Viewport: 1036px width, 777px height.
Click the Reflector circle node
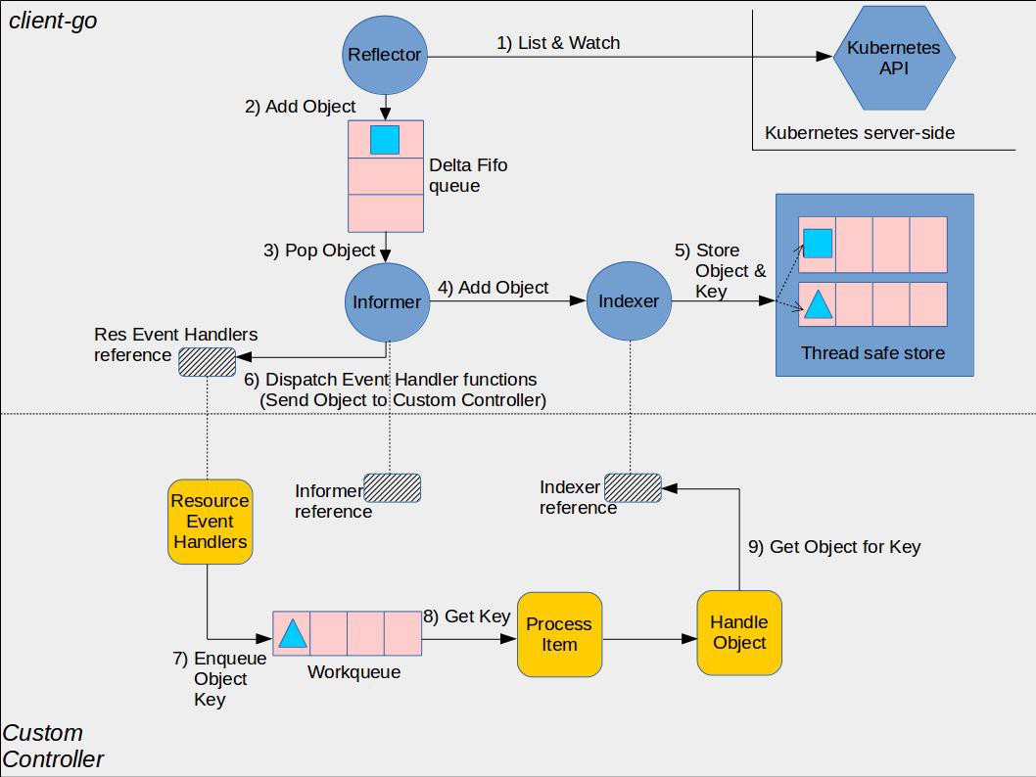coord(385,55)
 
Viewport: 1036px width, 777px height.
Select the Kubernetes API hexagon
coord(893,58)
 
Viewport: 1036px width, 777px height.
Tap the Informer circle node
coord(387,302)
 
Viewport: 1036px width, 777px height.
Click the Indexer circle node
coord(629,302)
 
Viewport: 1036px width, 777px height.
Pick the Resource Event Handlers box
coord(210,522)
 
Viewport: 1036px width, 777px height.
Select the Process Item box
coord(559,634)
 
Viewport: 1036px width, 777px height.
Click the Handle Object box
coord(739,633)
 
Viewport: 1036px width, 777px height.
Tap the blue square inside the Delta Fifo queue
coord(385,140)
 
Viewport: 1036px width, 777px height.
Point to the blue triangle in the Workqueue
coord(293,634)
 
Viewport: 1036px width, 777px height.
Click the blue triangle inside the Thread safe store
coord(818,305)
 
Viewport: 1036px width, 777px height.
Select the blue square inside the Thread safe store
coord(818,243)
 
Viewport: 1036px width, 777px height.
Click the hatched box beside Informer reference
coord(392,488)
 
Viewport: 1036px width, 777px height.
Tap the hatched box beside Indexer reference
coord(633,487)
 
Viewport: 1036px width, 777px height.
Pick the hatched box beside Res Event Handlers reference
coord(207,362)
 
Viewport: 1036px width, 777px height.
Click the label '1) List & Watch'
coord(558,43)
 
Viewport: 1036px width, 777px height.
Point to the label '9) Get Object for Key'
coord(834,547)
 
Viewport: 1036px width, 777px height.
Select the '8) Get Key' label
coord(467,617)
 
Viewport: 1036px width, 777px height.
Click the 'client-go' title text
coord(53,21)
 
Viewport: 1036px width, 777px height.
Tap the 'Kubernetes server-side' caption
coord(859,133)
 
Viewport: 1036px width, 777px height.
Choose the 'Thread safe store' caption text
coord(872,353)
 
